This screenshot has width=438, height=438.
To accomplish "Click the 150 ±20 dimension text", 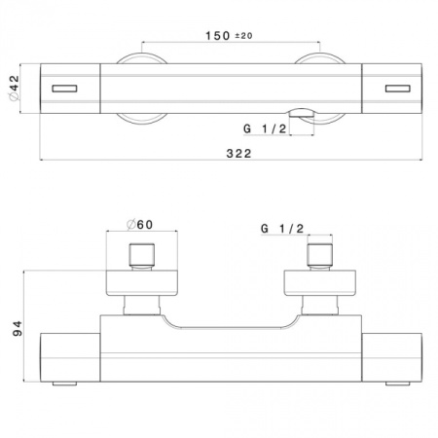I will click(229, 36).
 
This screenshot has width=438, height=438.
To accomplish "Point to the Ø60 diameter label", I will click(141, 225).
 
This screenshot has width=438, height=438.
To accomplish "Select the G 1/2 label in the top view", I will click(262, 128).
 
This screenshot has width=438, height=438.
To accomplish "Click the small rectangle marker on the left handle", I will click(63, 90).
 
